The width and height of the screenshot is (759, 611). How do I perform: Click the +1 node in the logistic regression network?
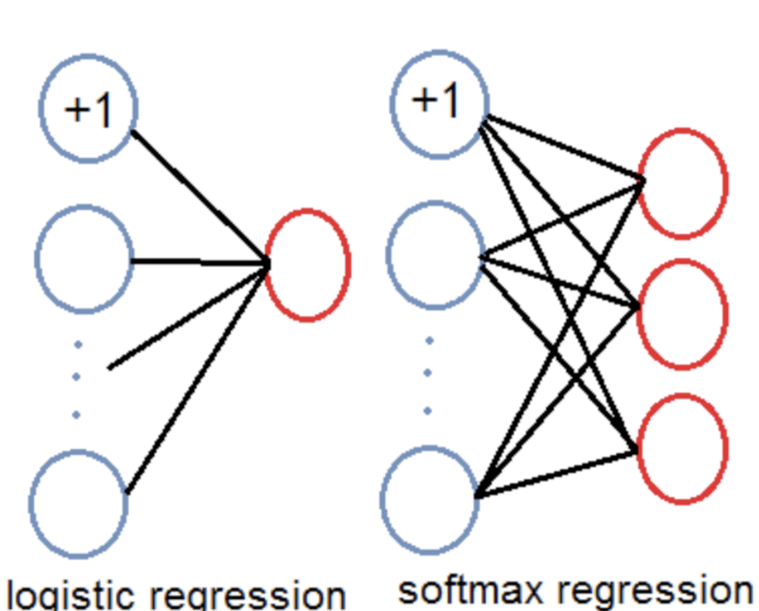click(88, 109)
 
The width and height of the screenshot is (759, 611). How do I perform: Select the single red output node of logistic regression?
click(307, 264)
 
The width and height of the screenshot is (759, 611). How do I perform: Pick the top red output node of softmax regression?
click(682, 183)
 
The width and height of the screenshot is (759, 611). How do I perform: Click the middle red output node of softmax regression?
click(682, 314)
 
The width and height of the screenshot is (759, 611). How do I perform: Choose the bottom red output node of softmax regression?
click(682, 448)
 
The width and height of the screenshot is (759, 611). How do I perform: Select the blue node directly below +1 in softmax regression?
click(436, 253)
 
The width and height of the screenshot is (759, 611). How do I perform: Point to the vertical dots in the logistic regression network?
click(76, 379)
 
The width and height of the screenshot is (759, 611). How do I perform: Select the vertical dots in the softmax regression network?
click(428, 374)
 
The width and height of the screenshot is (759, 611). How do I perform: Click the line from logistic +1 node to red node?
click(199, 195)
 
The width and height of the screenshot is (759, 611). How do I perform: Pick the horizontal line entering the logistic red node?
click(199, 262)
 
